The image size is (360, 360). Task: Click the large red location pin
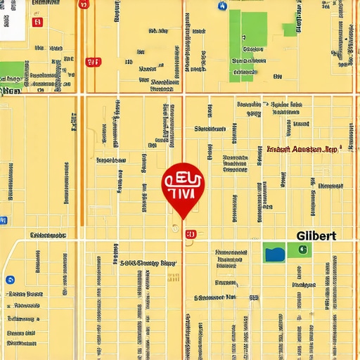point(182,186)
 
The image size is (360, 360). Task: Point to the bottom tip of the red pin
point(182,219)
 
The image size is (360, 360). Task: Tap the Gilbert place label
point(316,236)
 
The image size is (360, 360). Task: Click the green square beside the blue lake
point(299,250)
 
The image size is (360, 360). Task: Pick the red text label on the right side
point(302,150)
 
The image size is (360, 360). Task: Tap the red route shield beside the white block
point(37,22)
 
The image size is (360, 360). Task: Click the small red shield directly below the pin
point(190,234)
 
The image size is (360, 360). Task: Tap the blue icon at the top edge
point(223,6)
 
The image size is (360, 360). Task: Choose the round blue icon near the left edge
point(10,280)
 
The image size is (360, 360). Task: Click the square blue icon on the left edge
point(3,221)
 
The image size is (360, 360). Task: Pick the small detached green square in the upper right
point(289,30)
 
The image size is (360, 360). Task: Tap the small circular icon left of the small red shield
point(173,227)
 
